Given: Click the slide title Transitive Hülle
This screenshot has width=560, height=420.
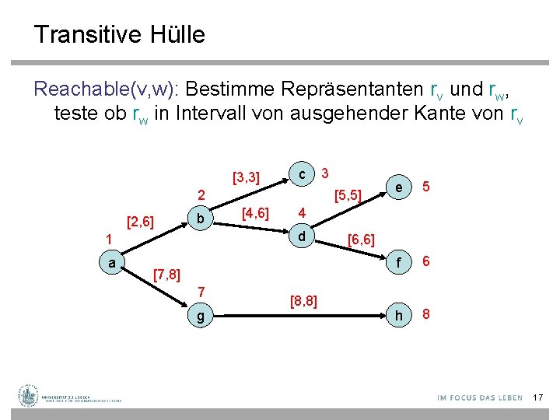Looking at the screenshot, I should tap(119, 34).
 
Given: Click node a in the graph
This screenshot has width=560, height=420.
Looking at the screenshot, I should tap(113, 263).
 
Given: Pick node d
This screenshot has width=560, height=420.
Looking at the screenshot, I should tap(303, 236).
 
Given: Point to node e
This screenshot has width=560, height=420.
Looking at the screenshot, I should tap(398, 187).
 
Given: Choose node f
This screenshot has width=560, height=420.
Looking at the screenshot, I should tap(399, 263).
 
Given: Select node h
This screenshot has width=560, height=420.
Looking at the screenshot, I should tap(399, 315).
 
